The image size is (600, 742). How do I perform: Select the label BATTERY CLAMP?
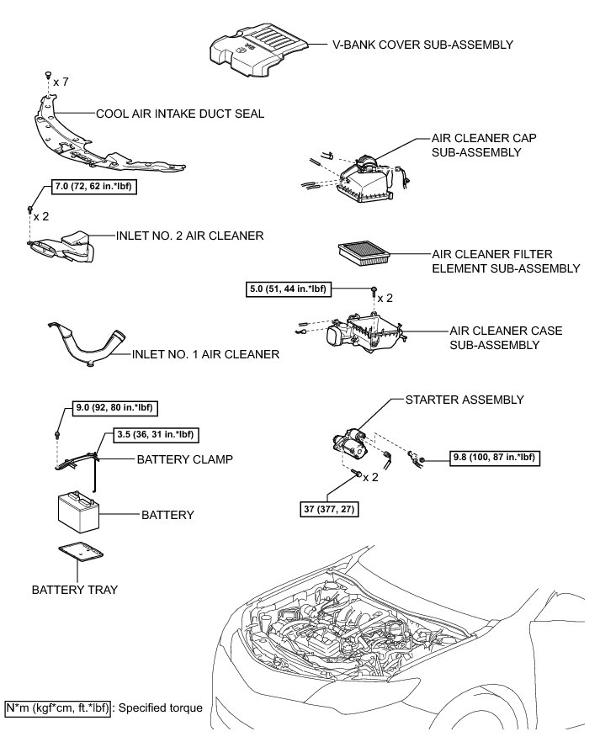[185, 460]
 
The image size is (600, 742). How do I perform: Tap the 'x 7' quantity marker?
[61, 82]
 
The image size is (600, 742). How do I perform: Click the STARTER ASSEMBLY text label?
[465, 399]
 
